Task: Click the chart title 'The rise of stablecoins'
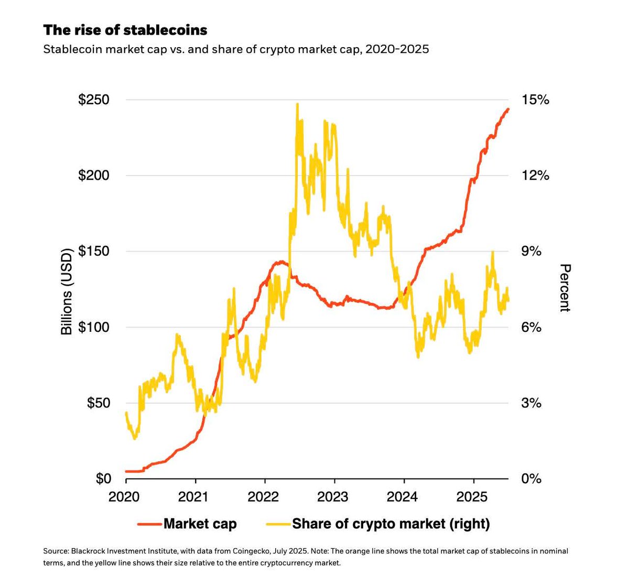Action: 125,30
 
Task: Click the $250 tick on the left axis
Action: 94,100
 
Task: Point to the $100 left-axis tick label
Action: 94,327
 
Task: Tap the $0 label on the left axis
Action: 103,479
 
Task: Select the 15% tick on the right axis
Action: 534,100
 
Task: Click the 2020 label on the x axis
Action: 124,496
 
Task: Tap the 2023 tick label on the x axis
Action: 333,496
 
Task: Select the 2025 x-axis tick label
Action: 472,496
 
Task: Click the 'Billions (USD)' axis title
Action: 67,290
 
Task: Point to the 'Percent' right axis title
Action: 565,288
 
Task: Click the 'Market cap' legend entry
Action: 200,524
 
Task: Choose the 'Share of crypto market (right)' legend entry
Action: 391,524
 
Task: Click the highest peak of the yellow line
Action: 297,104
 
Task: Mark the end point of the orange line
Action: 508,109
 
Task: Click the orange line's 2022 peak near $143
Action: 282,261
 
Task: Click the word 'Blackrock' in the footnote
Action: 84,551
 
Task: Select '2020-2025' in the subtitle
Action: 397,50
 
